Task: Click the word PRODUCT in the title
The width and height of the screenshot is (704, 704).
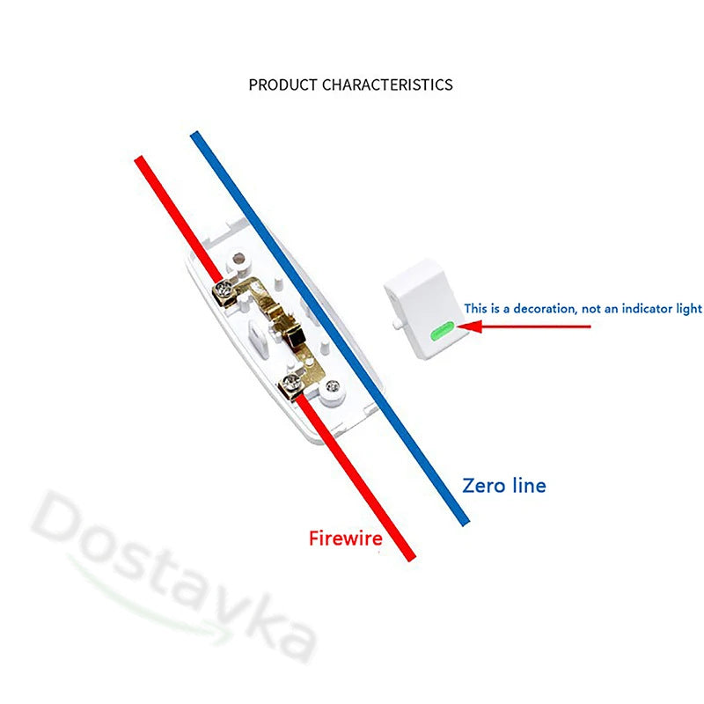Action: coord(283,85)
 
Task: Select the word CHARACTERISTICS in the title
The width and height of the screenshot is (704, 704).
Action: coord(387,85)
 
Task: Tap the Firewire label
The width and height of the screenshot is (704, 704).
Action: coord(345,538)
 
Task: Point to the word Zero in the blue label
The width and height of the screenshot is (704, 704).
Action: coord(485,485)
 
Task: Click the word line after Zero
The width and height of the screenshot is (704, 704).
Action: coord(529,485)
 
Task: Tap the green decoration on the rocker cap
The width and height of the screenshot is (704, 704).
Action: coord(440,331)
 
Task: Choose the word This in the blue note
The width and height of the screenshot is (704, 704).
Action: coord(476,309)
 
